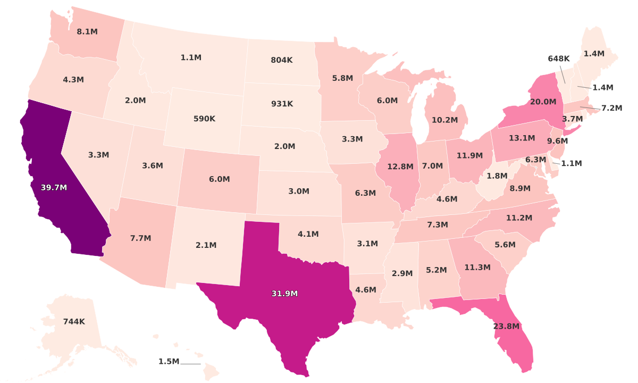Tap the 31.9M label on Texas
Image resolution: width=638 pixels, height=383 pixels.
[284, 293]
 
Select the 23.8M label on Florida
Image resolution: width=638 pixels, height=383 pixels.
[506, 326]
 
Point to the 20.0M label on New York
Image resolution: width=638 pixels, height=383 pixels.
[543, 102]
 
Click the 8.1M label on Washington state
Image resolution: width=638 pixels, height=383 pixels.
[87, 31]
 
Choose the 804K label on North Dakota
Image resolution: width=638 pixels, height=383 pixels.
[282, 60]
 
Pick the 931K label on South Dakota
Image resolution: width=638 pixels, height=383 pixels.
[282, 104]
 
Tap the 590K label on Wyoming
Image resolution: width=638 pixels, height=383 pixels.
[204, 119]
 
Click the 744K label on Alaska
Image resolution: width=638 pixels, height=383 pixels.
[74, 321]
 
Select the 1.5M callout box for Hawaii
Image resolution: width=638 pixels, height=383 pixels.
[169, 362]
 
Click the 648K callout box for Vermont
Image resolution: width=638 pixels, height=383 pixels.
[559, 59]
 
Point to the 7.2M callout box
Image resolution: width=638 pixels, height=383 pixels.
[611, 108]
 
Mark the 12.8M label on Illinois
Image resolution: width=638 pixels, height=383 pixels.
[400, 166]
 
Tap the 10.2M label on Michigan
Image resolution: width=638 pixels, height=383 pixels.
[444, 120]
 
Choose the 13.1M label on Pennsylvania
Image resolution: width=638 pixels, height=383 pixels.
[522, 138]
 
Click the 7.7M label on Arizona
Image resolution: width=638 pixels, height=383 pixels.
[141, 238]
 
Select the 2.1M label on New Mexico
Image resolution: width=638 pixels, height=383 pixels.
[206, 245]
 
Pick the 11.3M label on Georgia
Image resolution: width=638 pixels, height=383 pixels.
[477, 267]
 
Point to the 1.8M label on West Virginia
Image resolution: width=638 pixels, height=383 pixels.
[497, 176]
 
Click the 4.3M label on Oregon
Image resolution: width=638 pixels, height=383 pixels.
[73, 80]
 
